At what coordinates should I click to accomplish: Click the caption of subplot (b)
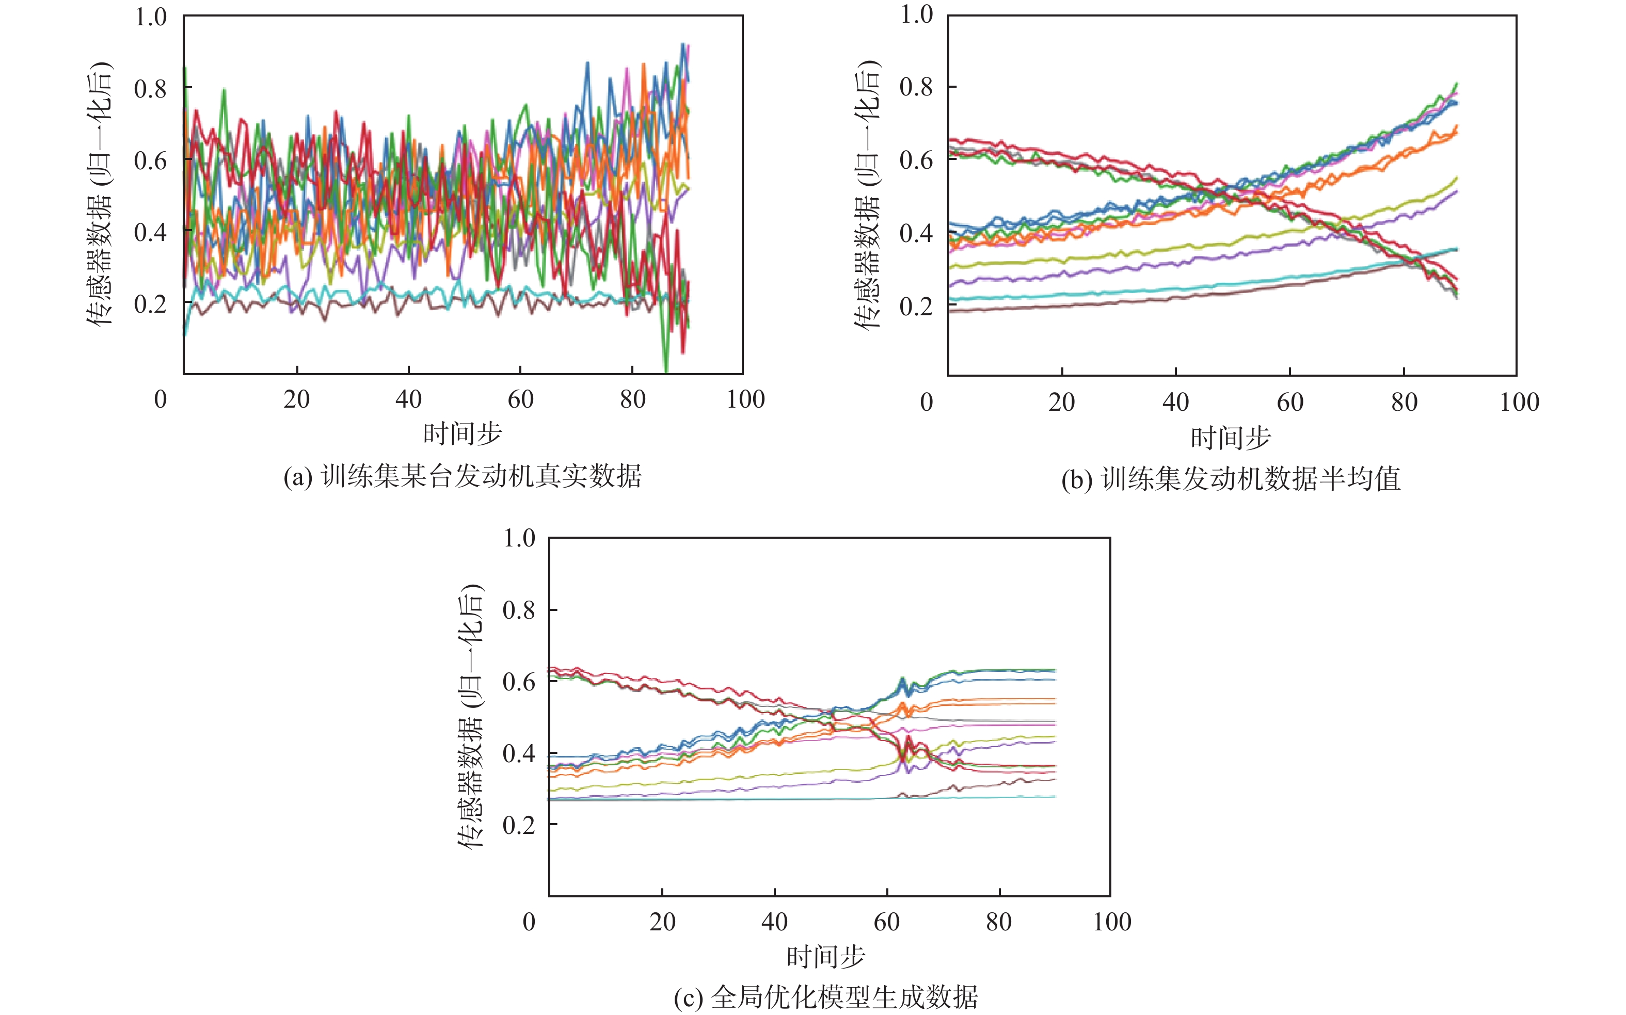pos(1231,479)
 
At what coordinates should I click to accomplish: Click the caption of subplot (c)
pos(826,997)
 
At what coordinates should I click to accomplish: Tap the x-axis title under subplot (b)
pos(1231,438)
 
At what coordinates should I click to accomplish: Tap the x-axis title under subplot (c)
pos(826,956)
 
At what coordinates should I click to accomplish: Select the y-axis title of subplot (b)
pos(867,195)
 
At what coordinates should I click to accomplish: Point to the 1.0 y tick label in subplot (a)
pos(150,17)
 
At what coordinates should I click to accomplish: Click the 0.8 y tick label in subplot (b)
pos(916,87)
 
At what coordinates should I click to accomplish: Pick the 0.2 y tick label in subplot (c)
pos(519,825)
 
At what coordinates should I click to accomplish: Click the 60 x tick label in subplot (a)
pos(520,399)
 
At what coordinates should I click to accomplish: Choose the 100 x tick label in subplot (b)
pos(1519,402)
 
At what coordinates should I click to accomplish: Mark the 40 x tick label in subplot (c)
pos(774,922)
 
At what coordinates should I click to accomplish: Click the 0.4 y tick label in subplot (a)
pos(150,232)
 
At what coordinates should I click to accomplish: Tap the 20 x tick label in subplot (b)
pos(1061,402)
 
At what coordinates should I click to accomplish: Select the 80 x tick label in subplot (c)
pos(999,922)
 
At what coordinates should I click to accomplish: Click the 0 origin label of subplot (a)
pos(161,399)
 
